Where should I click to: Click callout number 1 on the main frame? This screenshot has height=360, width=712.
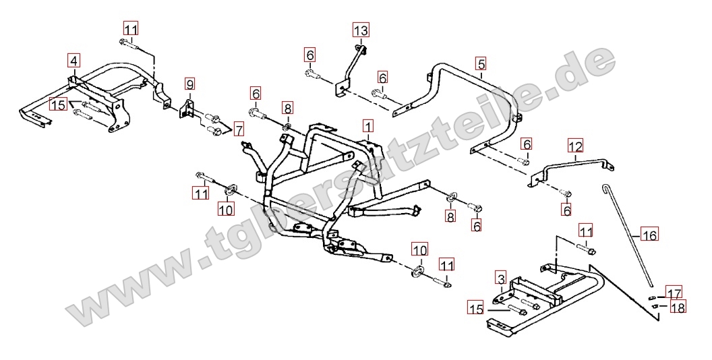pyautogui.click(x=367, y=126)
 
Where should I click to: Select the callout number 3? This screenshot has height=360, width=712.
pyautogui.click(x=500, y=278)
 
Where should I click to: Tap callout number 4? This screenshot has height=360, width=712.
pyautogui.click(x=73, y=60)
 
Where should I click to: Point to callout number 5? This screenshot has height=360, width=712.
pyautogui.click(x=480, y=65)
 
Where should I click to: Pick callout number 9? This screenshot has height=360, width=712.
pyautogui.click(x=189, y=85)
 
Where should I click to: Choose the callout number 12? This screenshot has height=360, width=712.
pyautogui.click(x=574, y=145)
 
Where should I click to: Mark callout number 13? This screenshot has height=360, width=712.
pyautogui.click(x=361, y=30)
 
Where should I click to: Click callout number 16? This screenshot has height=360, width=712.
pyautogui.click(x=649, y=235)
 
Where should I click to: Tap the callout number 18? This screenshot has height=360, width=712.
pyautogui.click(x=678, y=307)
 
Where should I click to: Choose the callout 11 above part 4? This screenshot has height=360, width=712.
pyautogui.click(x=130, y=29)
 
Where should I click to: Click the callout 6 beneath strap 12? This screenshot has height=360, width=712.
pyautogui.click(x=566, y=210)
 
